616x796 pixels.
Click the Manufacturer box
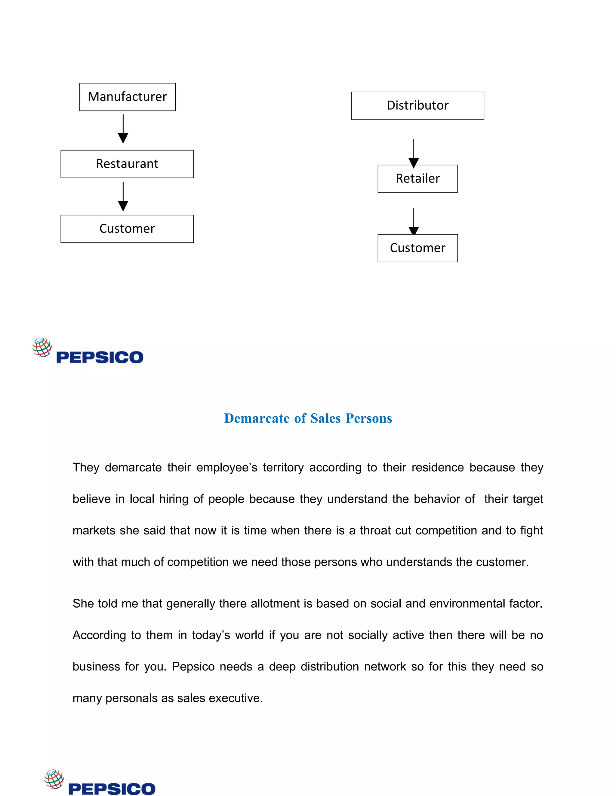(127, 97)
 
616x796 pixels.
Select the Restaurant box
(127, 164)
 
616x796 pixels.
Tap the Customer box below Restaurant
(127, 229)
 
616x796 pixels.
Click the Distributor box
(417, 106)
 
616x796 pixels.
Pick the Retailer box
(417, 179)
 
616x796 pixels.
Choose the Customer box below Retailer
(417, 248)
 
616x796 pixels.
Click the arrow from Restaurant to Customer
(123, 197)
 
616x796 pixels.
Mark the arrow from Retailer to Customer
(414, 221)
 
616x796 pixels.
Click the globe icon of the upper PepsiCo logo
(42, 347)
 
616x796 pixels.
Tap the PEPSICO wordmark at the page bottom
(112, 789)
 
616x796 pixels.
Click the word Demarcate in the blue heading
(257, 418)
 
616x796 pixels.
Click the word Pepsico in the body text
(193, 667)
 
